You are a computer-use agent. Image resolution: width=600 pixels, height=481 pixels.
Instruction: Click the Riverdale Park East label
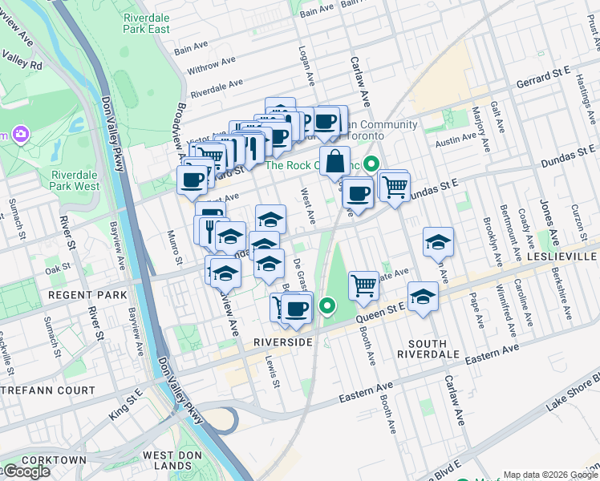tap(147, 22)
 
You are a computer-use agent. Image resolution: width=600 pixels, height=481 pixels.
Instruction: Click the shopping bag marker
tap(335, 160)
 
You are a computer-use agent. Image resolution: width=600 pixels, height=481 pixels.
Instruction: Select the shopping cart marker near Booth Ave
tap(364, 285)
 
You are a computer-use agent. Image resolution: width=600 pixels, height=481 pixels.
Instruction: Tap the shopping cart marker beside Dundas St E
tap(395, 187)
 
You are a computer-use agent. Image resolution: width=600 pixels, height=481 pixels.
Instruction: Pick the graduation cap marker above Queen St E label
tap(423, 296)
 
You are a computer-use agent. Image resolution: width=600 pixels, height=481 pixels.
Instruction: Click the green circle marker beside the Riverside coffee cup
tap(326, 305)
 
